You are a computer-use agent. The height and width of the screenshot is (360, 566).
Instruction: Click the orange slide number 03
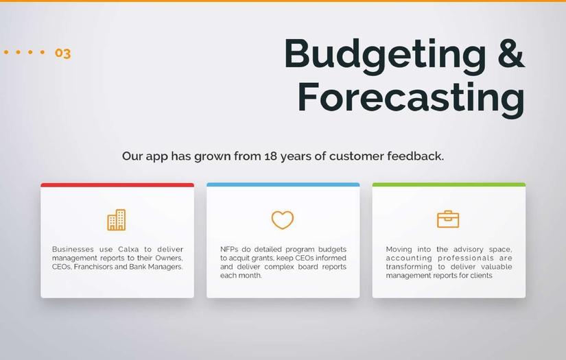[x=63, y=53]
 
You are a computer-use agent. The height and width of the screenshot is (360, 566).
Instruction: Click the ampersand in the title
[x=510, y=52]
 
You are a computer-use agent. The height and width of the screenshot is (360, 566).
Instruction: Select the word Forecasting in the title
[x=411, y=98]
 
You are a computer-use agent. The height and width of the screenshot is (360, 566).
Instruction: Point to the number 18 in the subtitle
[x=270, y=156]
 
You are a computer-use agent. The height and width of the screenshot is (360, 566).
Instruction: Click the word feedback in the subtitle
[x=415, y=156]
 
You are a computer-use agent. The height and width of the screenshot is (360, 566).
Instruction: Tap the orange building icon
[x=117, y=219]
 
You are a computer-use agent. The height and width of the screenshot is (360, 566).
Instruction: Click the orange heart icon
[x=282, y=219]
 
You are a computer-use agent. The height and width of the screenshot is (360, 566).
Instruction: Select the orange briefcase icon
[x=448, y=219]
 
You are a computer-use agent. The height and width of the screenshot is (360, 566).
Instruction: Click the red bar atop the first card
[x=117, y=185]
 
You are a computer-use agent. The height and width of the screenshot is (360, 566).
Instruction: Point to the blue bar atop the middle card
[x=283, y=184]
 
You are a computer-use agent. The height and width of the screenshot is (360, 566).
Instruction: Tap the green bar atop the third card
[x=449, y=184]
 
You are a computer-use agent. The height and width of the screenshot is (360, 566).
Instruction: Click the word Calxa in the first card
[x=128, y=250]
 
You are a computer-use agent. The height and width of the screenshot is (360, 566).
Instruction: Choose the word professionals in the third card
[x=466, y=259]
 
